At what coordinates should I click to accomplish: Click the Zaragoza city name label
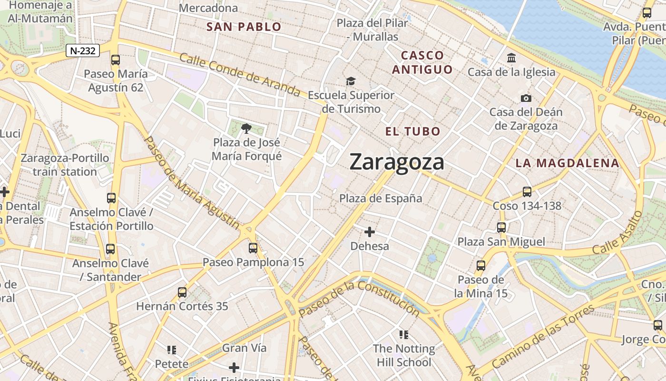pyautogui.click(x=397, y=162)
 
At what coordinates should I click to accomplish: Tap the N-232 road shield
pyautogui.click(x=83, y=50)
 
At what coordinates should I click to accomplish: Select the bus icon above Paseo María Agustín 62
pyautogui.click(x=116, y=60)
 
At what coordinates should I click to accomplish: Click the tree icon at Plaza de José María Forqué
pyautogui.click(x=246, y=128)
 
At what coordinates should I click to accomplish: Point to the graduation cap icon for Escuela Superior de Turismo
pyautogui.click(x=351, y=81)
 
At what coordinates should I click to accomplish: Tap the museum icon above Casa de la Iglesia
pyautogui.click(x=511, y=58)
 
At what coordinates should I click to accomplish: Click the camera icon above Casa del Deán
pyautogui.click(x=526, y=99)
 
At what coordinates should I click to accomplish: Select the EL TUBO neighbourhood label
pyautogui.click(x=413, y=131)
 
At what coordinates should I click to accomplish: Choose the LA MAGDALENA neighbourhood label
pyautogui.click(x=568, y=163)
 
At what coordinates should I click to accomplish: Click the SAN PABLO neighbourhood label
pyautogui.click(x=244, y=27)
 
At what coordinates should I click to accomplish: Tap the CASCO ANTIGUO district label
pyautogui.click(x=422, y=62)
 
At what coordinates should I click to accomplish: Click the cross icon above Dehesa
pyautogui.click(x=370, y=232)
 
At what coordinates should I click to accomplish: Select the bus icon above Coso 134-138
pyautogui.click(x=527, y=192)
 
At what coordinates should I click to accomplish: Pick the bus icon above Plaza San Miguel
pyautogui.click(x=501, y=228)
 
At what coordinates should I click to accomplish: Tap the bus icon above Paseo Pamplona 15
pyautogui.click(x=253, y=248)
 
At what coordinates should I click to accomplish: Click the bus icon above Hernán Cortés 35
pyautogui.click(x=182, y=292)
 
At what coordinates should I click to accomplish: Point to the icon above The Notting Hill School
pyautogui.click(x=404, y=334)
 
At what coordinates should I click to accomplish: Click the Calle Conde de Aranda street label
pyautogui.click(x=240, y=74)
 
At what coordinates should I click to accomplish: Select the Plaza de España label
pyautogui.click(x=381, y=198)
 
